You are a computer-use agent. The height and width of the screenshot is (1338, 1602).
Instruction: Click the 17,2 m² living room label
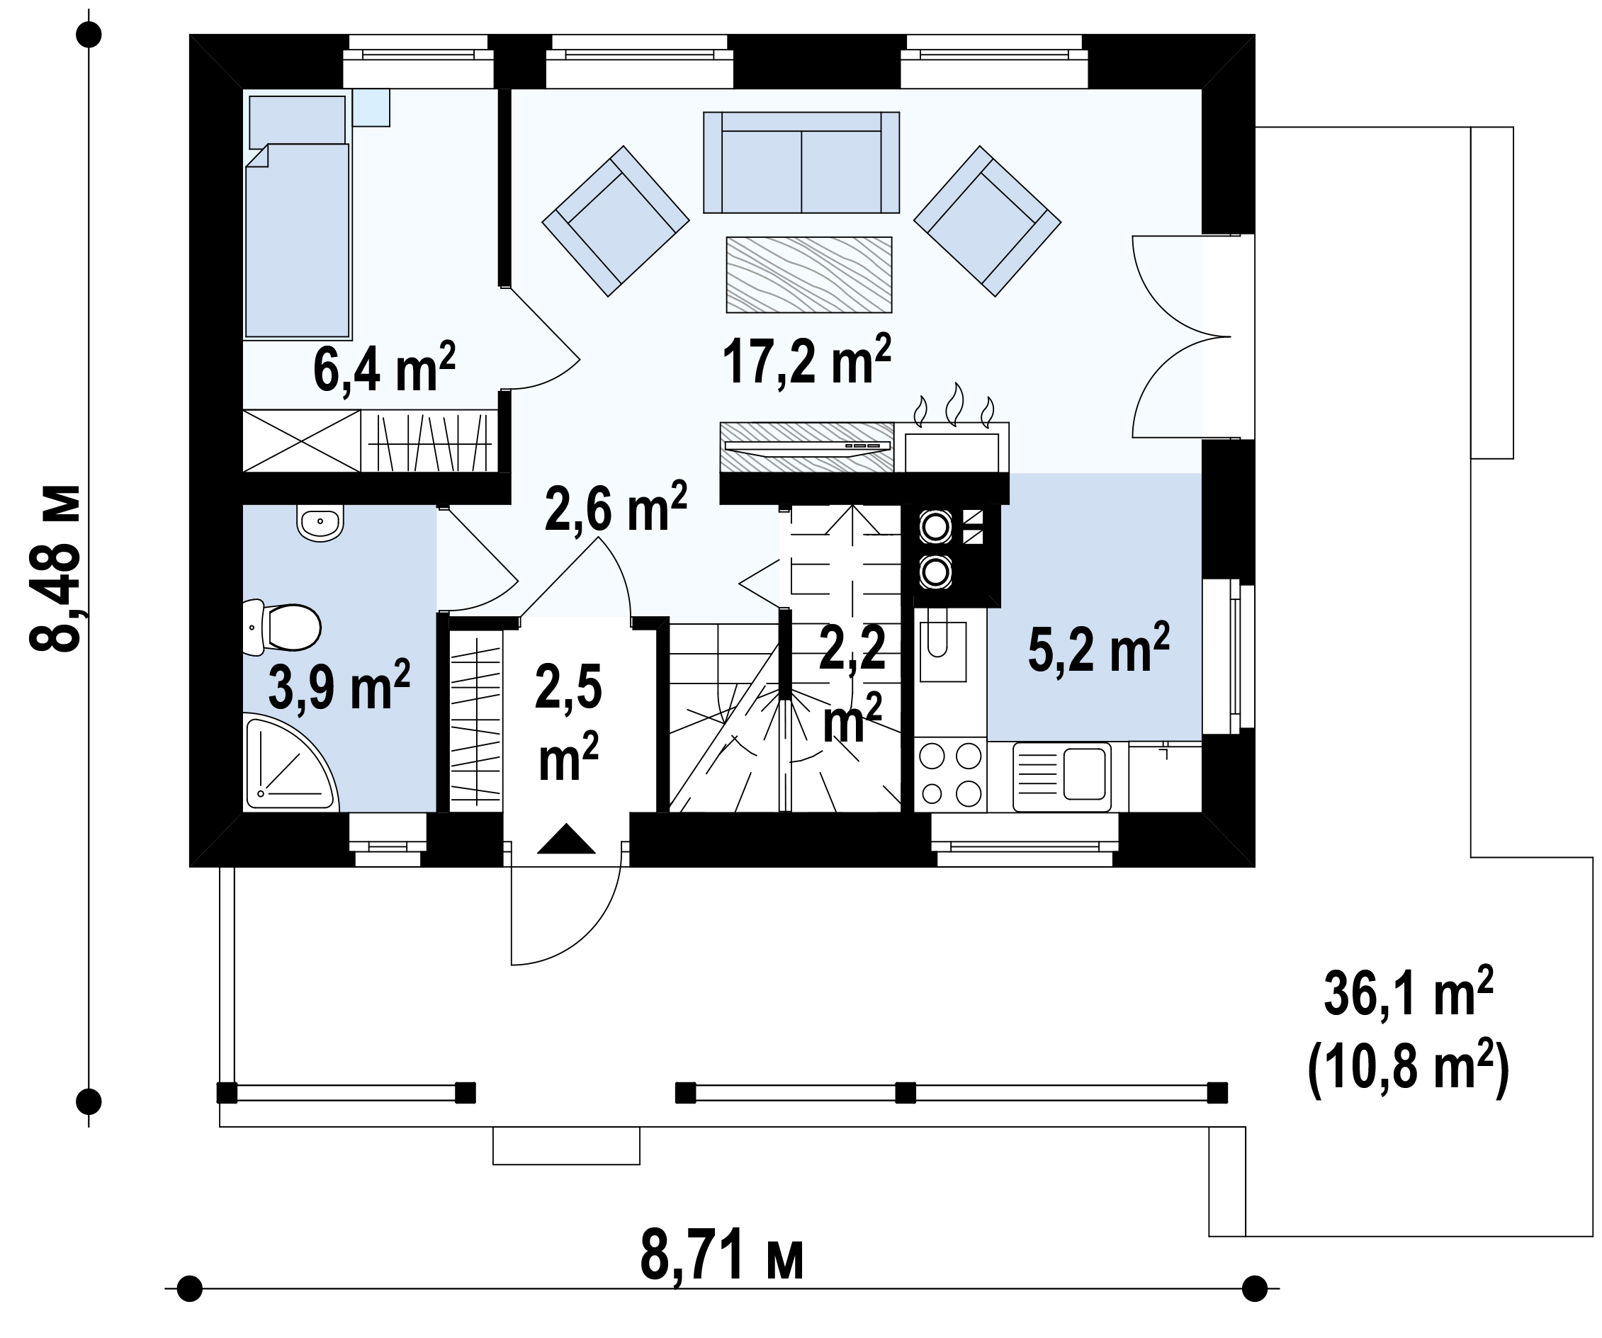tap(806, 361)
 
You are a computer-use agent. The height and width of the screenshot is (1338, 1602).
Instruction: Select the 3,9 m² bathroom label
tap(339, 685)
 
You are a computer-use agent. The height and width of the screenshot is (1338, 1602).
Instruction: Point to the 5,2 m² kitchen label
tap(1098, 648)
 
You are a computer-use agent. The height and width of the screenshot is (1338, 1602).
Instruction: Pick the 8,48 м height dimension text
tap(55, 567)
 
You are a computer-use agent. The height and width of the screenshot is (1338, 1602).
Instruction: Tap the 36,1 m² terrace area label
tap(1409, 994)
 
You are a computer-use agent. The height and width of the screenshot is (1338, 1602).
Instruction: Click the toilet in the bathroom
tap(281, 628)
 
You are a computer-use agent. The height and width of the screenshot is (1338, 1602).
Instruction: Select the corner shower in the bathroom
tap(289, 761)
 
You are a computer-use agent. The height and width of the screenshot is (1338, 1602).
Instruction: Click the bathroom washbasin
tap(320, 523)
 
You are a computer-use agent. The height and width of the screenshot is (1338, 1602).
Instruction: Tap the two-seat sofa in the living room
tap(801, 161)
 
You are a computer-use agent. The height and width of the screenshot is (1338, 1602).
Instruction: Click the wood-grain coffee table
tap(808, 275)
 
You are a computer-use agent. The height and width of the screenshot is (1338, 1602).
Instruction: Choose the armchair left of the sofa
tap(616, 221)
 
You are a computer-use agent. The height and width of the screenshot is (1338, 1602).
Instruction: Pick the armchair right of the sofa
tap(987, 221)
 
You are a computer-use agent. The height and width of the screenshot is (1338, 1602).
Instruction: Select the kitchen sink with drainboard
tap(1061, 777)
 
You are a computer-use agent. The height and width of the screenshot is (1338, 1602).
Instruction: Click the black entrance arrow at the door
tap(566, 839)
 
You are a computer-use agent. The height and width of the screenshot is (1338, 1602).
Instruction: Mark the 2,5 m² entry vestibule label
tap(568, 722)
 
